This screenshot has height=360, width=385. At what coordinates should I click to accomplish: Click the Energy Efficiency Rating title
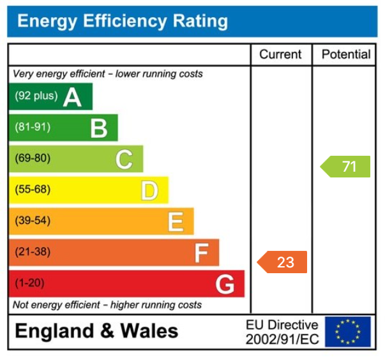(122, 22)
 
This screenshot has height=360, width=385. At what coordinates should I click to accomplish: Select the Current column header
(280, 54)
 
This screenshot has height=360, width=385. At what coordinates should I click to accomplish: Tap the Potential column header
(345, 54)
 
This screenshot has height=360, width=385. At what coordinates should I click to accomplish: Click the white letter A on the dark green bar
(72, 97)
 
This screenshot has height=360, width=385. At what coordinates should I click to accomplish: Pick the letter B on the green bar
(98, 128)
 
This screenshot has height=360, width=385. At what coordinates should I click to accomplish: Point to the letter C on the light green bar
(124, 159)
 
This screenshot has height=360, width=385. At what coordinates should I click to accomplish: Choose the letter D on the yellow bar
(149, 190)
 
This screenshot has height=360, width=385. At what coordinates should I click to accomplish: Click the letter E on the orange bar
(176, 221)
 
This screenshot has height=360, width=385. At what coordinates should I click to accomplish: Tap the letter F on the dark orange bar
(201, 253)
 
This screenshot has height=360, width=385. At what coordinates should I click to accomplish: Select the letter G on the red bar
(225, 284)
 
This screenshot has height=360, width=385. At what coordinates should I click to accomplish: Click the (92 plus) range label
(36, 96)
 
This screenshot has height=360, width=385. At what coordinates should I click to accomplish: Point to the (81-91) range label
(32, 128)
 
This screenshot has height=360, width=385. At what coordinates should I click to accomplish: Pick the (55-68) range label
(32, 190)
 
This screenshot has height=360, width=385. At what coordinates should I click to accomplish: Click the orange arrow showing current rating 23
(282, 262)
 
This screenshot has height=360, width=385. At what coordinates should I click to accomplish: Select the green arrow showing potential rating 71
(345, 167)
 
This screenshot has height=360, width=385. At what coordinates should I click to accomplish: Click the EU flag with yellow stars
(347, 332)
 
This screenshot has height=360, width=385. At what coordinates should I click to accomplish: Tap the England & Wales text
(96, 331)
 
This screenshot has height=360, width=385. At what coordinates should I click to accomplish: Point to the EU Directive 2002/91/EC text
(282, 333)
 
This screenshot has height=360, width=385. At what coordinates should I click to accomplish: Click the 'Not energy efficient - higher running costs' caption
(107, 305)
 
